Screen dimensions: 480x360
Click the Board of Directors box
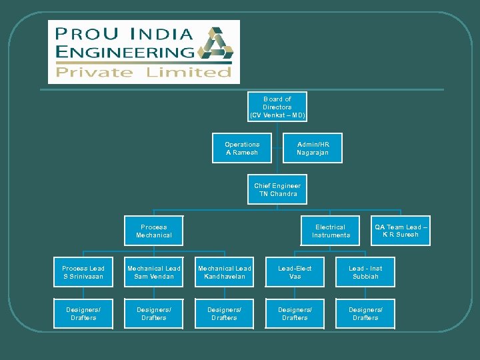[277, 107]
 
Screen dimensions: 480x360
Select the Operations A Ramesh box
[242, 148]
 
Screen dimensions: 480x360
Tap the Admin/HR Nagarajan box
[313, 148]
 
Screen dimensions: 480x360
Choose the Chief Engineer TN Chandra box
[277, 189]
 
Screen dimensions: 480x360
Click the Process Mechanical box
[154, 231]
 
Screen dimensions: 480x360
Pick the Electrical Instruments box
[331, 231]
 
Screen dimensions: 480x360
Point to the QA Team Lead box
[401, 231]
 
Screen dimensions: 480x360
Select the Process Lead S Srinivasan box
[83, 272]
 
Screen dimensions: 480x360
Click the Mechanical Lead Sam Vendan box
[154, 272]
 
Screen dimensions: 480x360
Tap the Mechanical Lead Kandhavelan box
[225, 272]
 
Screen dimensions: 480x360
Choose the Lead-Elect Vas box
[295, 272]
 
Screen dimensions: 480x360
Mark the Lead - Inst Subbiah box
[365, 272]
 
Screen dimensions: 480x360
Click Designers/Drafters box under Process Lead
[83, 313]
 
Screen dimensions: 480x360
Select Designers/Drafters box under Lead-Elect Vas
[295, 313]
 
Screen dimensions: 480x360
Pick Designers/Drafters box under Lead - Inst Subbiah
[365, 313]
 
